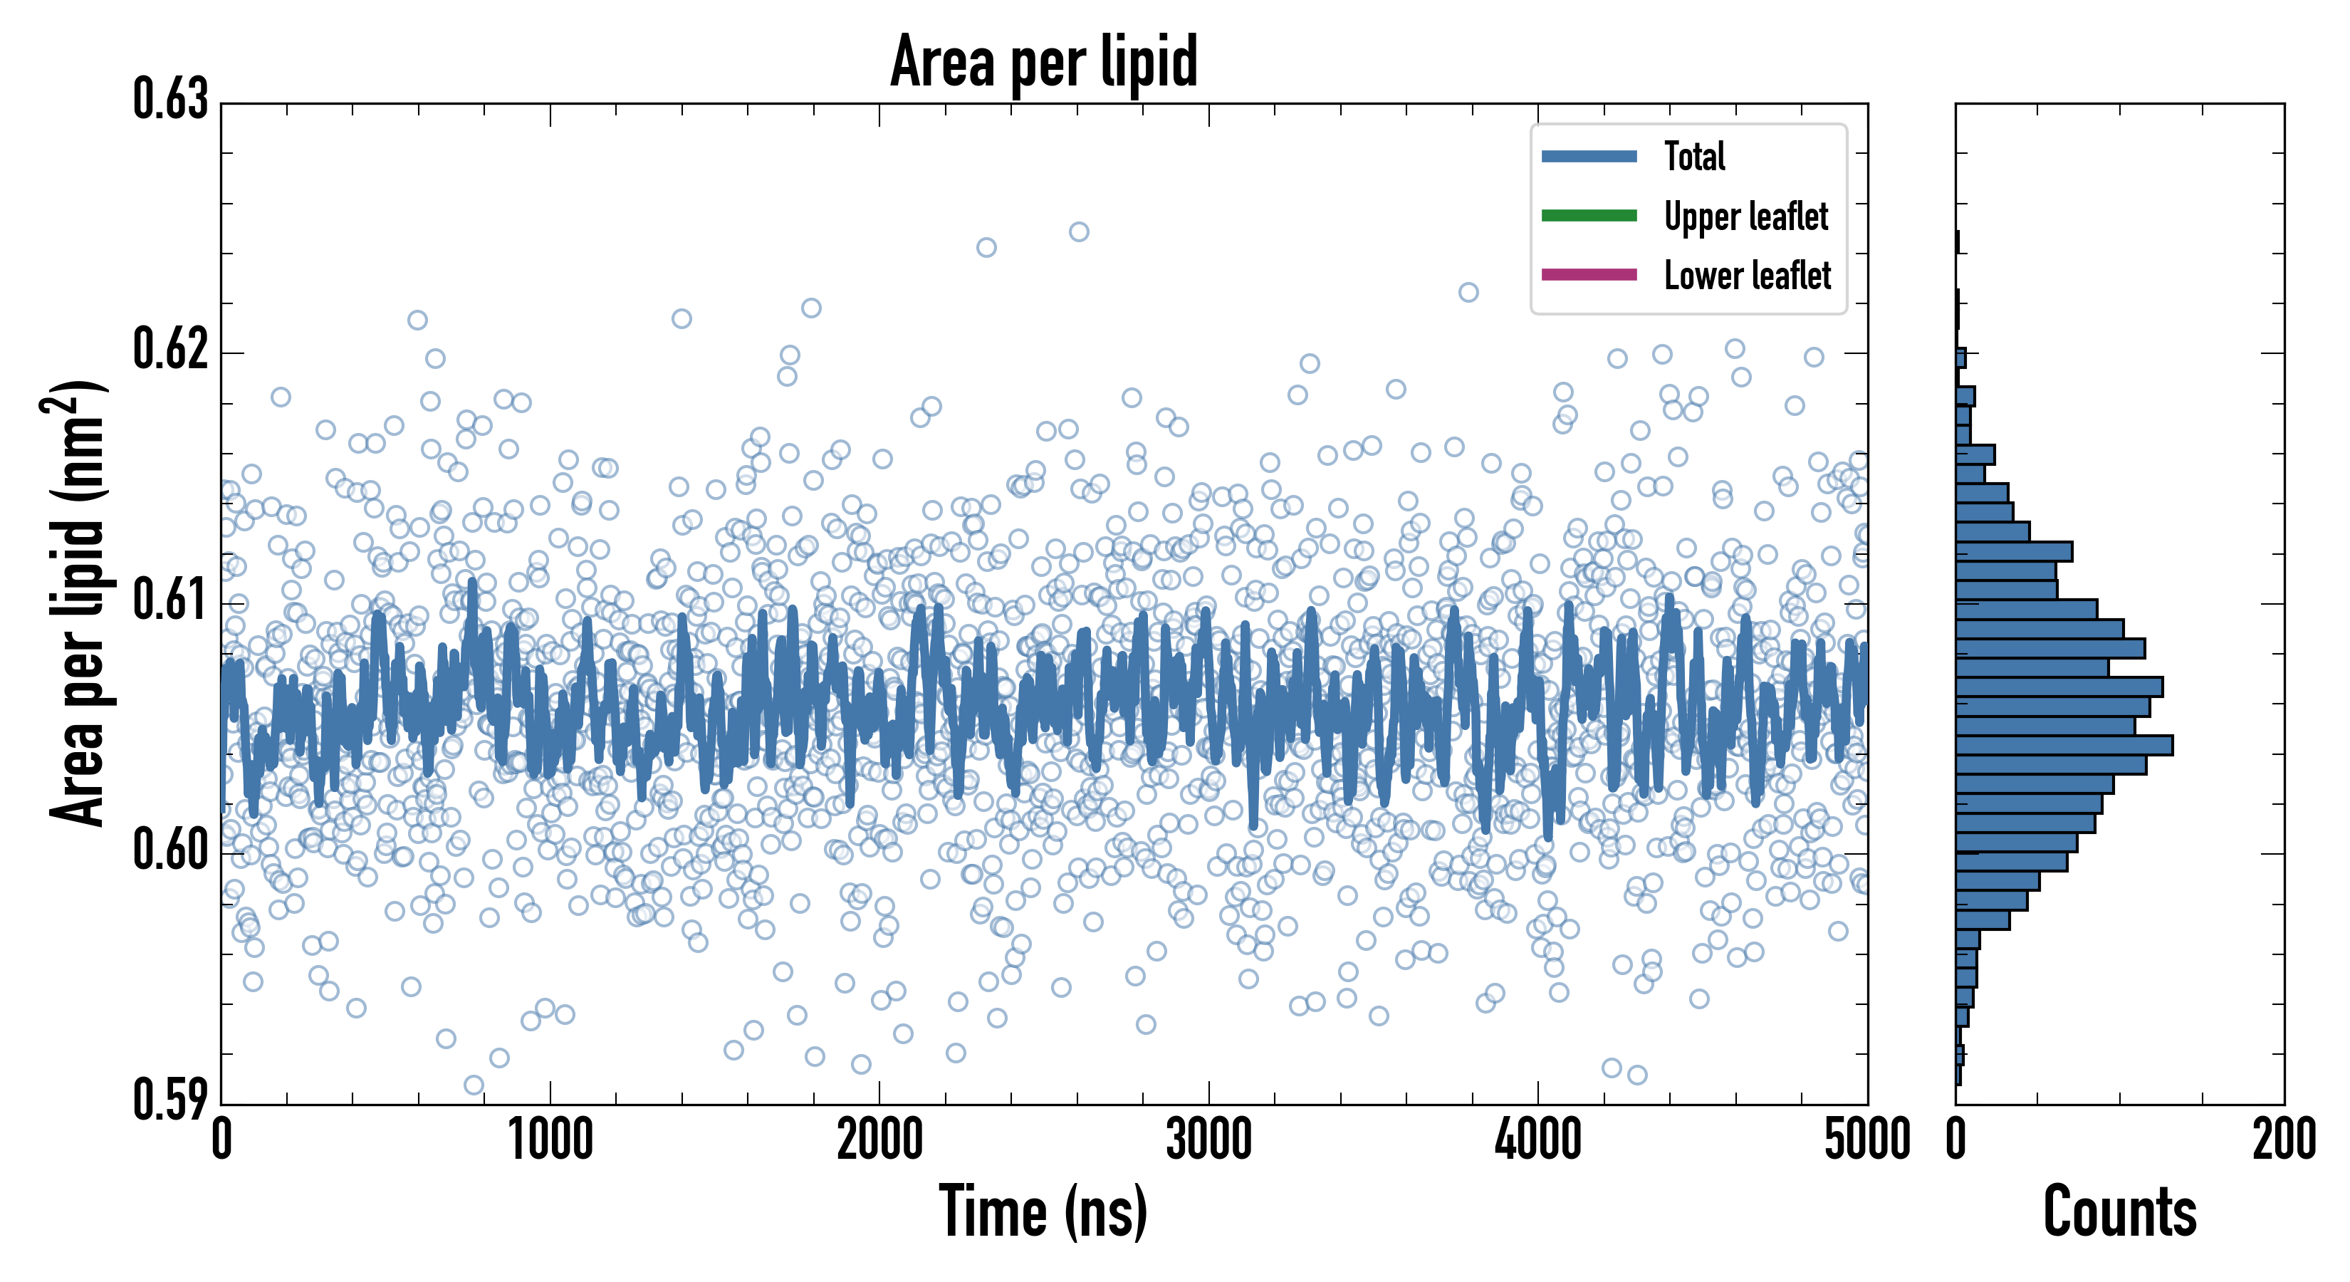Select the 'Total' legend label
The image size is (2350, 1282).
tap(1694, 156)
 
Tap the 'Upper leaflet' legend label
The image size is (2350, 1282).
tap(1745, 217)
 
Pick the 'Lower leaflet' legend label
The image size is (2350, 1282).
tap(1747, 276)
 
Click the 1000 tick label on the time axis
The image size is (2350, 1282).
tap(550, 1140)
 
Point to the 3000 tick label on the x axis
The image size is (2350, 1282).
tap(1208, 1140)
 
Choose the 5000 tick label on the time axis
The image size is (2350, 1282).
tap(1866, 1140)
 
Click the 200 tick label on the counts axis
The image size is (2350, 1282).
tap(2283, 1140)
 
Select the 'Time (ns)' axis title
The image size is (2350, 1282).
tap(1044, 1211)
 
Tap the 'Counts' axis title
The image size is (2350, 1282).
tap(2119, 1211)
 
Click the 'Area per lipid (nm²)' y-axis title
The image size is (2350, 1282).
tap(78, 603)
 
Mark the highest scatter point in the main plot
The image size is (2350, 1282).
tap(1079, 231)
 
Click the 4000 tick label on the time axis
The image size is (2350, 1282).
tap(1538, 1140)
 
